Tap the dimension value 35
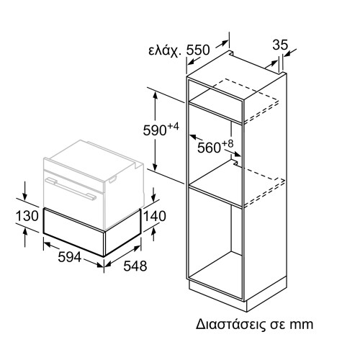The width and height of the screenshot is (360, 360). tap(281, 45)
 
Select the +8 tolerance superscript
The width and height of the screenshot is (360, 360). tap(228, 143)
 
